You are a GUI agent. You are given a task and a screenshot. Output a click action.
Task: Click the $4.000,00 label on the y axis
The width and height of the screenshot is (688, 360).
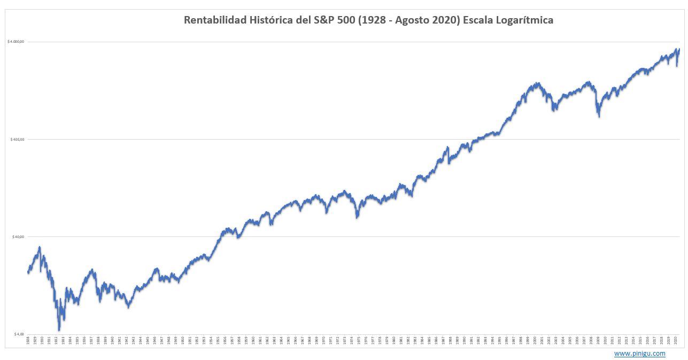pos(17,42)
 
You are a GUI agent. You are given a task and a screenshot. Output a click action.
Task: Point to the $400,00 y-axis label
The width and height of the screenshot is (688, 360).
pos(18,139)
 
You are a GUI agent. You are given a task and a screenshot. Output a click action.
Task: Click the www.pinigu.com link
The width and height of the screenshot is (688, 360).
pos(639,354)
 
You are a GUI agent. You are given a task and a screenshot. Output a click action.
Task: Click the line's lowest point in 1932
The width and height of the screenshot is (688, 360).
pos(59,330)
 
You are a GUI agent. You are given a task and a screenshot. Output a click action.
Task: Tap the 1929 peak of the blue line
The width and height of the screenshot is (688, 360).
pos(40,247)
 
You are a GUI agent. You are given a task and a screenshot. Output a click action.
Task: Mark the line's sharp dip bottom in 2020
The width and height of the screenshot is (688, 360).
pos(677,66)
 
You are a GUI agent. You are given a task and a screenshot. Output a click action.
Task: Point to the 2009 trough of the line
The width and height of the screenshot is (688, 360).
pos(599,116)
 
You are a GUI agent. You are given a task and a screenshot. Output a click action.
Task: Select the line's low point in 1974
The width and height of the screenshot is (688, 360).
pos(357,217)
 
